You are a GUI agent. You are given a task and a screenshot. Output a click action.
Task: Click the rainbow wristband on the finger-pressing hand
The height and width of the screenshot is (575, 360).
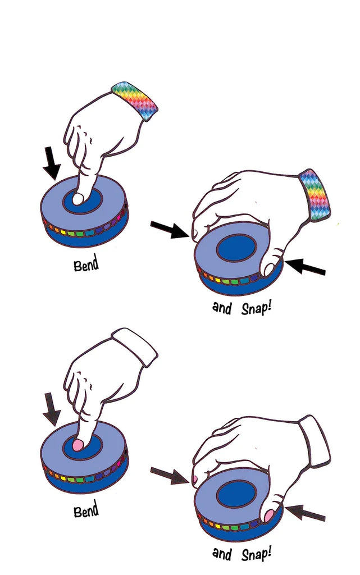(x=135, y=100)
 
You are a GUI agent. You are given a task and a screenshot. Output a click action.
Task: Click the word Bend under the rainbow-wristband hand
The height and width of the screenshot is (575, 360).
(x=86, y=264)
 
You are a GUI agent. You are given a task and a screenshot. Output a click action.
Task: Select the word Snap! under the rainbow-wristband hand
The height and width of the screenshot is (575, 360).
(x=256, y=308)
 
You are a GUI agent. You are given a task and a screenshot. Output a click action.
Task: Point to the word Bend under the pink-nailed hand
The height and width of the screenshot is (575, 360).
(x=86, y=510)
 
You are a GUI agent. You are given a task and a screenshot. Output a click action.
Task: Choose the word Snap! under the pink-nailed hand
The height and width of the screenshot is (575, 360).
(x=256, y=554)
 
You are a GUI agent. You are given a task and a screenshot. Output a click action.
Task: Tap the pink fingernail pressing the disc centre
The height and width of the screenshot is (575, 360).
(x=78, y=445)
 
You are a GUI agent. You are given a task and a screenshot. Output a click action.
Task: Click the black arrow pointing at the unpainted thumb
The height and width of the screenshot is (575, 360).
(x=305, y=267)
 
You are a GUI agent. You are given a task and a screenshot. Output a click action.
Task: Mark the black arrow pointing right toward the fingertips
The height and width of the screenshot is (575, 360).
(x=170, y=230)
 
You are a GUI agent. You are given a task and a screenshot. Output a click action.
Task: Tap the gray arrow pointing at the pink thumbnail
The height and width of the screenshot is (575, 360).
(x=305, y=513)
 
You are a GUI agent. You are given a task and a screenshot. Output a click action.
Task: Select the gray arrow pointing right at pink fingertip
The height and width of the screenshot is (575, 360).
(x=170, y=476)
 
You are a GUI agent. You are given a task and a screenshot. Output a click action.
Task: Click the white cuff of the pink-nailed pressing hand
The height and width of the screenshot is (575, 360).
(x=135, y=346)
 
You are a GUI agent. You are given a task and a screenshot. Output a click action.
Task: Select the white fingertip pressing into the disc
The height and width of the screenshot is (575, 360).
(x=78, y=199)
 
